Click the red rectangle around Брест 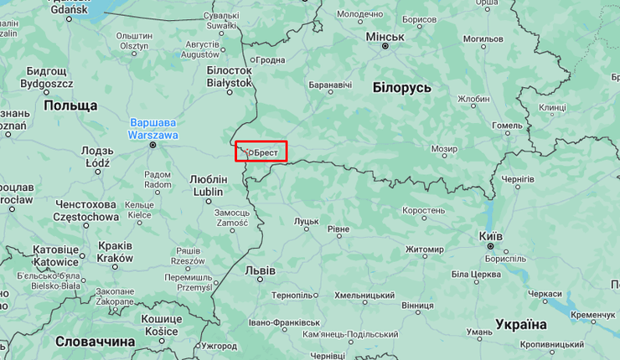point(261,152)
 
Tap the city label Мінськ point(385,37)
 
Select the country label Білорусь point(402,87)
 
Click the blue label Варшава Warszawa point(152,128)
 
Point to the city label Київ point(490,236)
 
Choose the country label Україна point(521,324)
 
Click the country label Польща point(70,105)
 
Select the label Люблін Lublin point(209,185)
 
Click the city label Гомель point(507,126)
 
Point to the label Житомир point(424,249)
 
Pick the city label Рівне point(338,229)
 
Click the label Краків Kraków point(115,252)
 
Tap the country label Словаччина point(95,342)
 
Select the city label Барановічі point(330,85)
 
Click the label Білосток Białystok point(229,77)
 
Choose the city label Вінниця point(417,306)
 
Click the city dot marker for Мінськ point(385,47)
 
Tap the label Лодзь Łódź point(97,157)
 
